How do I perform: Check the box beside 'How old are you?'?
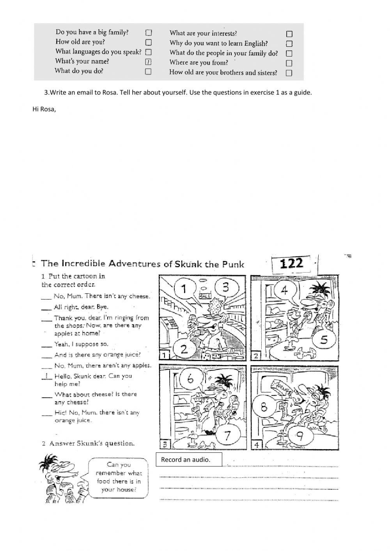point(148,42)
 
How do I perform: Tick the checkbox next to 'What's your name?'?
point(148,62)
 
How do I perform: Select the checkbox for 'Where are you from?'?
point(289,63)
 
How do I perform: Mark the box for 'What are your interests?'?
point(289,34)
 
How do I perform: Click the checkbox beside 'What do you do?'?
point(148,71)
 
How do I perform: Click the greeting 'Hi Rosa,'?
point(44,109)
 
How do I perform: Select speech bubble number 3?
point(225,288)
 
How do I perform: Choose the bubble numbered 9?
point(300,436)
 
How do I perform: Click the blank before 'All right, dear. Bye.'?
point(47,307)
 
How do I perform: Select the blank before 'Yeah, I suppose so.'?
point(47,344)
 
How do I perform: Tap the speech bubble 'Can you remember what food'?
point(119,477)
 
